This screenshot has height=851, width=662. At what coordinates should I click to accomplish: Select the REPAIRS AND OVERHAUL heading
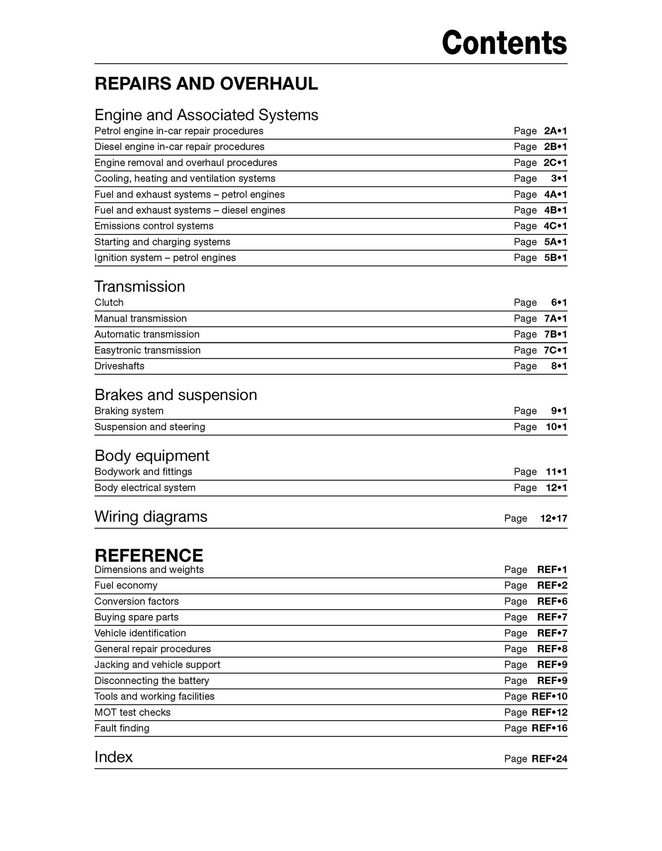pyautogui.click(x=206, y=84)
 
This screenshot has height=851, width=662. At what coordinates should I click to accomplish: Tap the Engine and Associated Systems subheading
pyautogui.click(x=206, y=115)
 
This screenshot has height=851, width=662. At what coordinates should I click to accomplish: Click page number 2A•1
pyautogui.click(x=555, y=131)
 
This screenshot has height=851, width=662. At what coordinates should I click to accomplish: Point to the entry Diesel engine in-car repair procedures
pyautogui.click(x=179, y=147)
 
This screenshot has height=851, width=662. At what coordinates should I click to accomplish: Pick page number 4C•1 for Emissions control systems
pyautogui.click(x=555, y=226)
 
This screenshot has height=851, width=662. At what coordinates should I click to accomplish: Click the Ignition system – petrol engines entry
pyautogui.click(x=165, y=258)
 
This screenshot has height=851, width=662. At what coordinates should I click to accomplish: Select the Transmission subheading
pyautogui.click(x=140, y=286)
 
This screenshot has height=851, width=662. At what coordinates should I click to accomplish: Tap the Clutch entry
pyautogui.click(x=109, y=303)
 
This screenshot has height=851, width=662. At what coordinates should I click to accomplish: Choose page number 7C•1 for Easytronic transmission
pyautogui.click(x=555, y=350)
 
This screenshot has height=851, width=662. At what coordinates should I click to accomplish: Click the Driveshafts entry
pyautogui.click(x=119, y=366)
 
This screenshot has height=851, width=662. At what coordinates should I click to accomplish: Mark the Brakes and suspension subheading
pyautogui.click(x=176, y=395)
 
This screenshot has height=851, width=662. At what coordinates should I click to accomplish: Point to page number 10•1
pyautogui.click(x=556, y=427)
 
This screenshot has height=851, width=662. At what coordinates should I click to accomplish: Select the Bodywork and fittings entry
pyautogui.click(x=143, y=472)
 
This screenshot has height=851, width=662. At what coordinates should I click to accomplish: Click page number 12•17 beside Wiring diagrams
pyautogui.click(x=553, y=518)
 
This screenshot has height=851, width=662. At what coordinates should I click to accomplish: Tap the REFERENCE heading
pyautogui.click(x=149, y=556)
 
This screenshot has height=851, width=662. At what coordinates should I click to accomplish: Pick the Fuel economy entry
pyautogui.click(x=126, y=586)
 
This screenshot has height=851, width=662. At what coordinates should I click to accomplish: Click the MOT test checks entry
pyautogui.click(x=132, y=713)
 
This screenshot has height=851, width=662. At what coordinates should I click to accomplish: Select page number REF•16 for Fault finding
pyautogui.click(x=549, y=729)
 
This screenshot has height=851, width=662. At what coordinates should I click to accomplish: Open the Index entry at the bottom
pyautogui.click(x=113, y=757)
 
